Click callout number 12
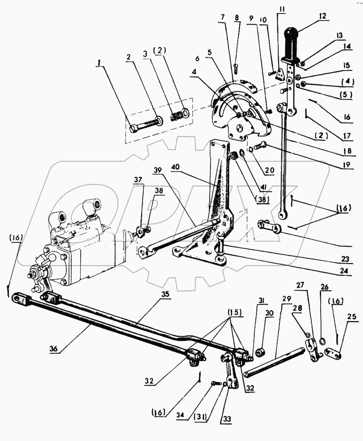[323, 16]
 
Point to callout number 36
[54, 348]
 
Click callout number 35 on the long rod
[165, 294]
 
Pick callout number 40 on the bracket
[176, 167]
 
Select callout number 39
[158, 171]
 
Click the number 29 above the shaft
[287, 299]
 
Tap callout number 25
[352, 317]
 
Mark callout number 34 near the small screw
[182, 415]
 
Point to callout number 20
[270, 170]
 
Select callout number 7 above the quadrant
[223, 17]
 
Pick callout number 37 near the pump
[138, 179]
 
